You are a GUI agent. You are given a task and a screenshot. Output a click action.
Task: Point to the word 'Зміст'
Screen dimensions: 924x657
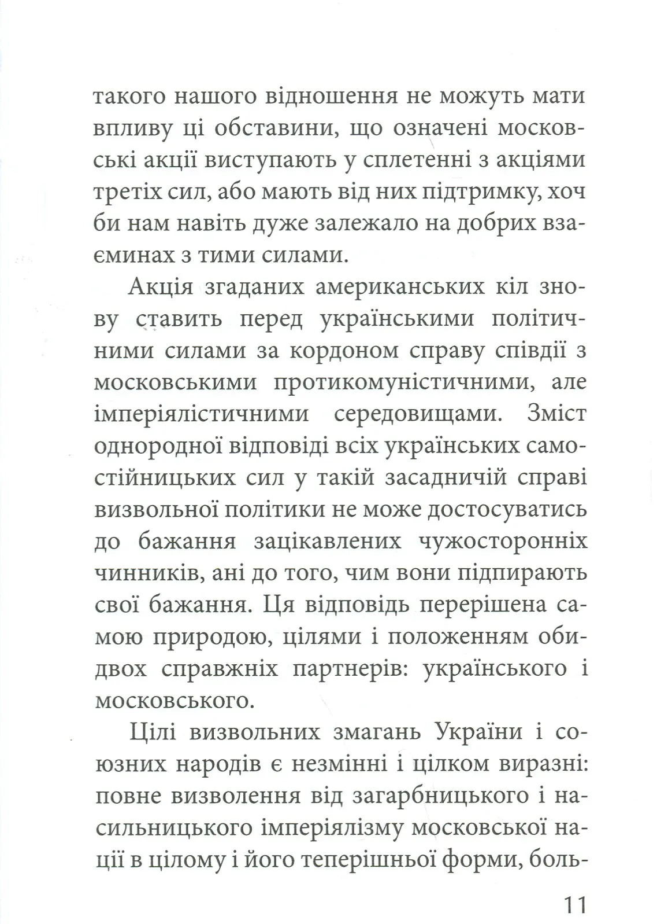click(x=557, y=414)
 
